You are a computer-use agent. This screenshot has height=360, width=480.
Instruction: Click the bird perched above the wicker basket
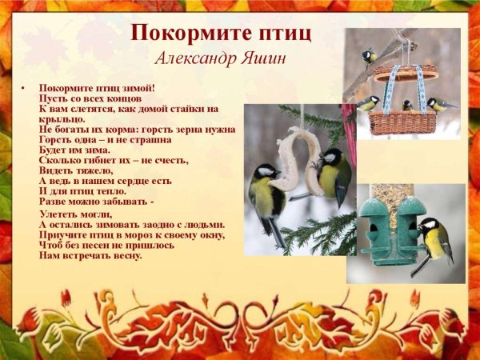click(x=369, y=56)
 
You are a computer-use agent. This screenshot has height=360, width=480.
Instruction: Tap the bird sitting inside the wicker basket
click(x=407, y=105)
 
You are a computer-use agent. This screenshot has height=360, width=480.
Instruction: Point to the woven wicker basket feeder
click(x=402, y=120)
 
